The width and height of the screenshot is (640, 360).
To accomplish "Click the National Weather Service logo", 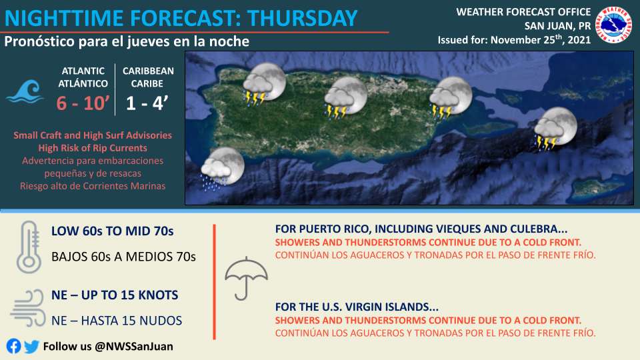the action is [613, 25].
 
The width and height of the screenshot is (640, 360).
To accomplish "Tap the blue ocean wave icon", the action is [25, 91].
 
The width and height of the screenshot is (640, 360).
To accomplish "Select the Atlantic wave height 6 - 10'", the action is [83, 103].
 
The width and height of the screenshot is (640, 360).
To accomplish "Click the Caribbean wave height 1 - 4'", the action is [147, 103].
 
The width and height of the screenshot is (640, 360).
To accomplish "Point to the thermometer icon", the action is [29, 247].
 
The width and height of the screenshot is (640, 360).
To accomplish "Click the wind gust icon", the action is [28, 308].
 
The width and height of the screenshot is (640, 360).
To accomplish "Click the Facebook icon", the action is [13, 346].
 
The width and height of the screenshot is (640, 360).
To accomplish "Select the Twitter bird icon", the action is [31, 347].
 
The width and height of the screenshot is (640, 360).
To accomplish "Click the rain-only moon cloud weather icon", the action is [223, 169].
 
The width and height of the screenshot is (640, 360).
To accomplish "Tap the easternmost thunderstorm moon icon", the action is [555, 128].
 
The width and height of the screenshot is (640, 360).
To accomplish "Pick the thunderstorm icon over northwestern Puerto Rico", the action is [264, 84].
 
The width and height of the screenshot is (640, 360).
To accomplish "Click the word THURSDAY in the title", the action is [303, 18].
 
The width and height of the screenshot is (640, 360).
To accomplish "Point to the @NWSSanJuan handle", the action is [134, 347].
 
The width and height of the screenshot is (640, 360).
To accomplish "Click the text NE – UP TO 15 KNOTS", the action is [115, 295].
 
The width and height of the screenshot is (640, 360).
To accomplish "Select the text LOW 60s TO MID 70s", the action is [112, 231].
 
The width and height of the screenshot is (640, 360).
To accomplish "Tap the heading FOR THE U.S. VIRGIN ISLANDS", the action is [357, 307].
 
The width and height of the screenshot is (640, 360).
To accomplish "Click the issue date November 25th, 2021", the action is [541, 39].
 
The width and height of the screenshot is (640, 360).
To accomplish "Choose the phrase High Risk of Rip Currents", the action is [93, 148].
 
